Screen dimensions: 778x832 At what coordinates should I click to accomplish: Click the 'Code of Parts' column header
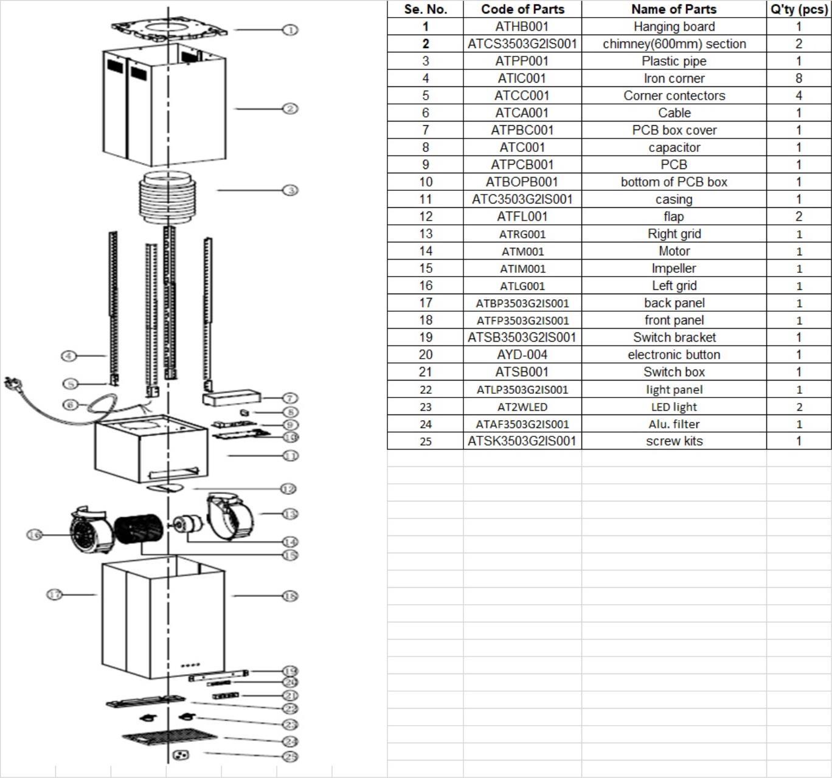pos(522,9)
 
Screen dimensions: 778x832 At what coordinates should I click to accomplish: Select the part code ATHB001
pos(522,27)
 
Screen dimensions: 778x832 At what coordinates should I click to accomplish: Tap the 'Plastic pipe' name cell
pos(674,61)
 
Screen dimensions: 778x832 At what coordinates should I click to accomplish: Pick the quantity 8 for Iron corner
pos(799,78)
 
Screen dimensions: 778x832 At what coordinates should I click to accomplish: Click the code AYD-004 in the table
pos(522,355)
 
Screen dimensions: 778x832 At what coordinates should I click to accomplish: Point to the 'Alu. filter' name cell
pos(674,424)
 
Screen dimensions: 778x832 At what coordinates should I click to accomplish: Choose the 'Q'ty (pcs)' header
pos(799,9)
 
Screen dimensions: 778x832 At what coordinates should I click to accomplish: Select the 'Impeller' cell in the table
pos(674,269)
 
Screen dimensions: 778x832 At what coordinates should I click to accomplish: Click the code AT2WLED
pos(522,407)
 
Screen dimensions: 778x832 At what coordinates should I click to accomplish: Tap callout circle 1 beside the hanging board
pos(291,30)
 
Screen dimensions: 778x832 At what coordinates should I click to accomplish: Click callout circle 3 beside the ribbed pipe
pos(291,190)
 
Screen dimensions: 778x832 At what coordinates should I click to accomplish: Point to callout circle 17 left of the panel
pos(55,594)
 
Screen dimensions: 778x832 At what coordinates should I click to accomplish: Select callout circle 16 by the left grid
pos(35,534)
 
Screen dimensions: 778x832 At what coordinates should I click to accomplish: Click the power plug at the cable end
pos(10,384)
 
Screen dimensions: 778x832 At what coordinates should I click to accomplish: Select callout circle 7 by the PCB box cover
pos(291,398)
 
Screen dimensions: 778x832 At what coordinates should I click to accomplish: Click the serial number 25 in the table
pos(425,441)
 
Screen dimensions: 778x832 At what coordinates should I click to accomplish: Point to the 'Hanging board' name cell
pos(674,27)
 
